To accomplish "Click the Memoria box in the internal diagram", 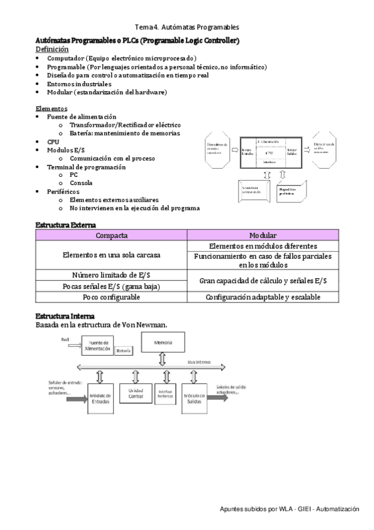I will (x=162, y=343).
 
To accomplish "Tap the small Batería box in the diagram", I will (x=125, y=351).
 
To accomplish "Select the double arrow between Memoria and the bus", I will (x=162, y=359).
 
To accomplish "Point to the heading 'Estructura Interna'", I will (x=65, y=316).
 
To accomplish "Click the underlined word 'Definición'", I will (x=52, y=49).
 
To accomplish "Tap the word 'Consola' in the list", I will (x=81, y=183).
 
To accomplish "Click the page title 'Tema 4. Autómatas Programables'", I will (x=187, y=27).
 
